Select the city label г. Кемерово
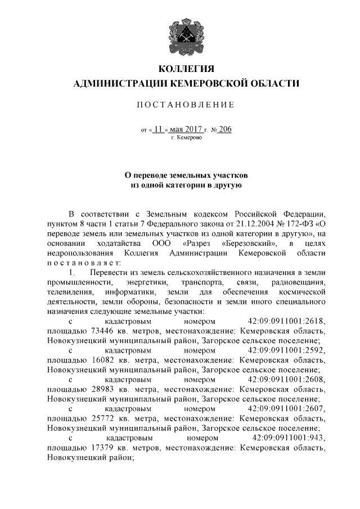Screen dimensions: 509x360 coord(186,137)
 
